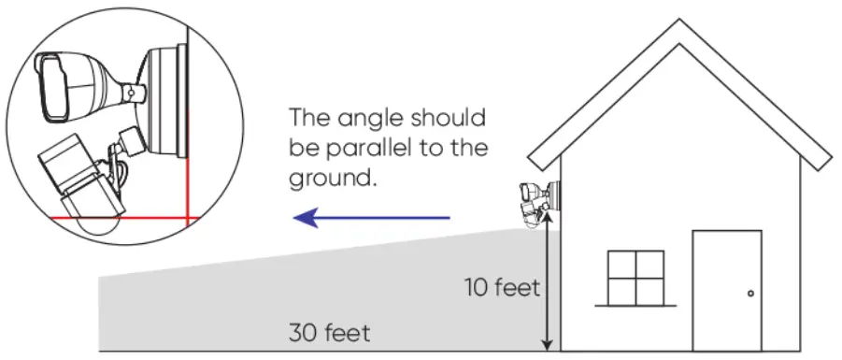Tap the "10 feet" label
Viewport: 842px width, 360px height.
502,287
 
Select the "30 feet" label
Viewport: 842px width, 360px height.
330,332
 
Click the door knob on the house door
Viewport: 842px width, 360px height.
750,295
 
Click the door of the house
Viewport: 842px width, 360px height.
726,290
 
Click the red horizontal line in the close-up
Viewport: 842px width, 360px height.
121,217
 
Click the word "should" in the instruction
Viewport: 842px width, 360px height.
451,120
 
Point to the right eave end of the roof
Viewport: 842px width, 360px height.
822,161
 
